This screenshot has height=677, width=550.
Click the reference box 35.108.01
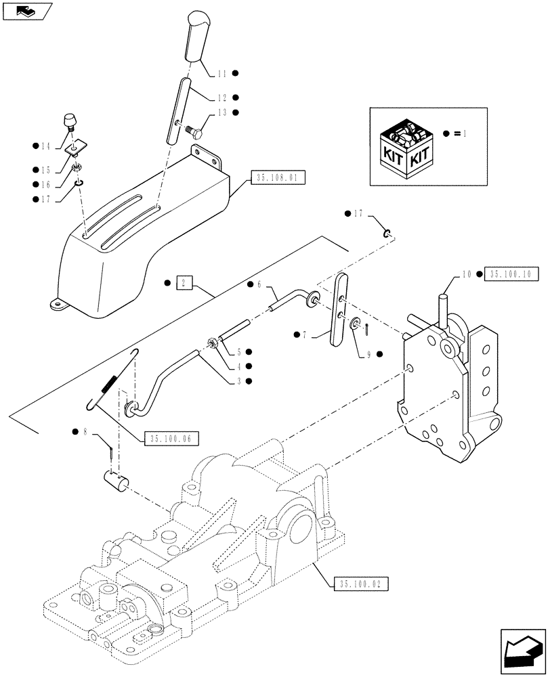278,179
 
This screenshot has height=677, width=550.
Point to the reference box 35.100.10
512,274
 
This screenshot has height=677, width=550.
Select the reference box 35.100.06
167,439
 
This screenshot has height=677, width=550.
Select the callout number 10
467,274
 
